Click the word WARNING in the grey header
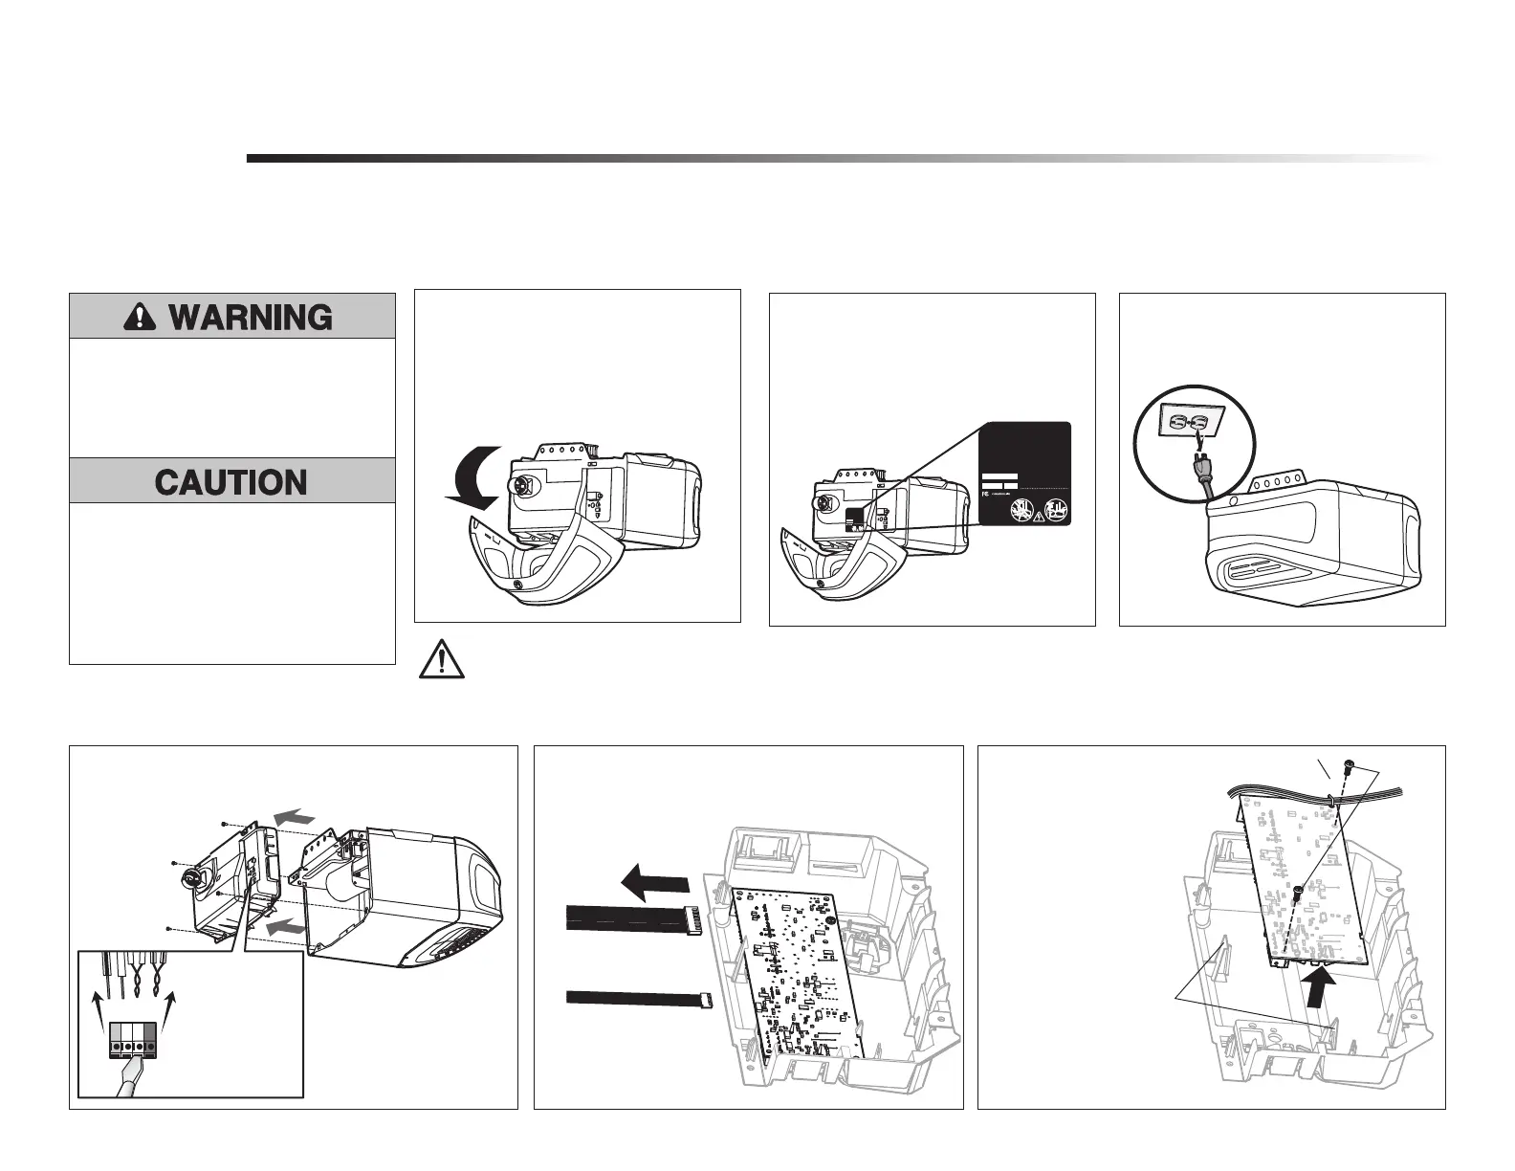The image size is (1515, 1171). [251, 317]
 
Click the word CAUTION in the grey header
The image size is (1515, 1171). [231, 481]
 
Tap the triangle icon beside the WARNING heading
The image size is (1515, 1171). [140, 317]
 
